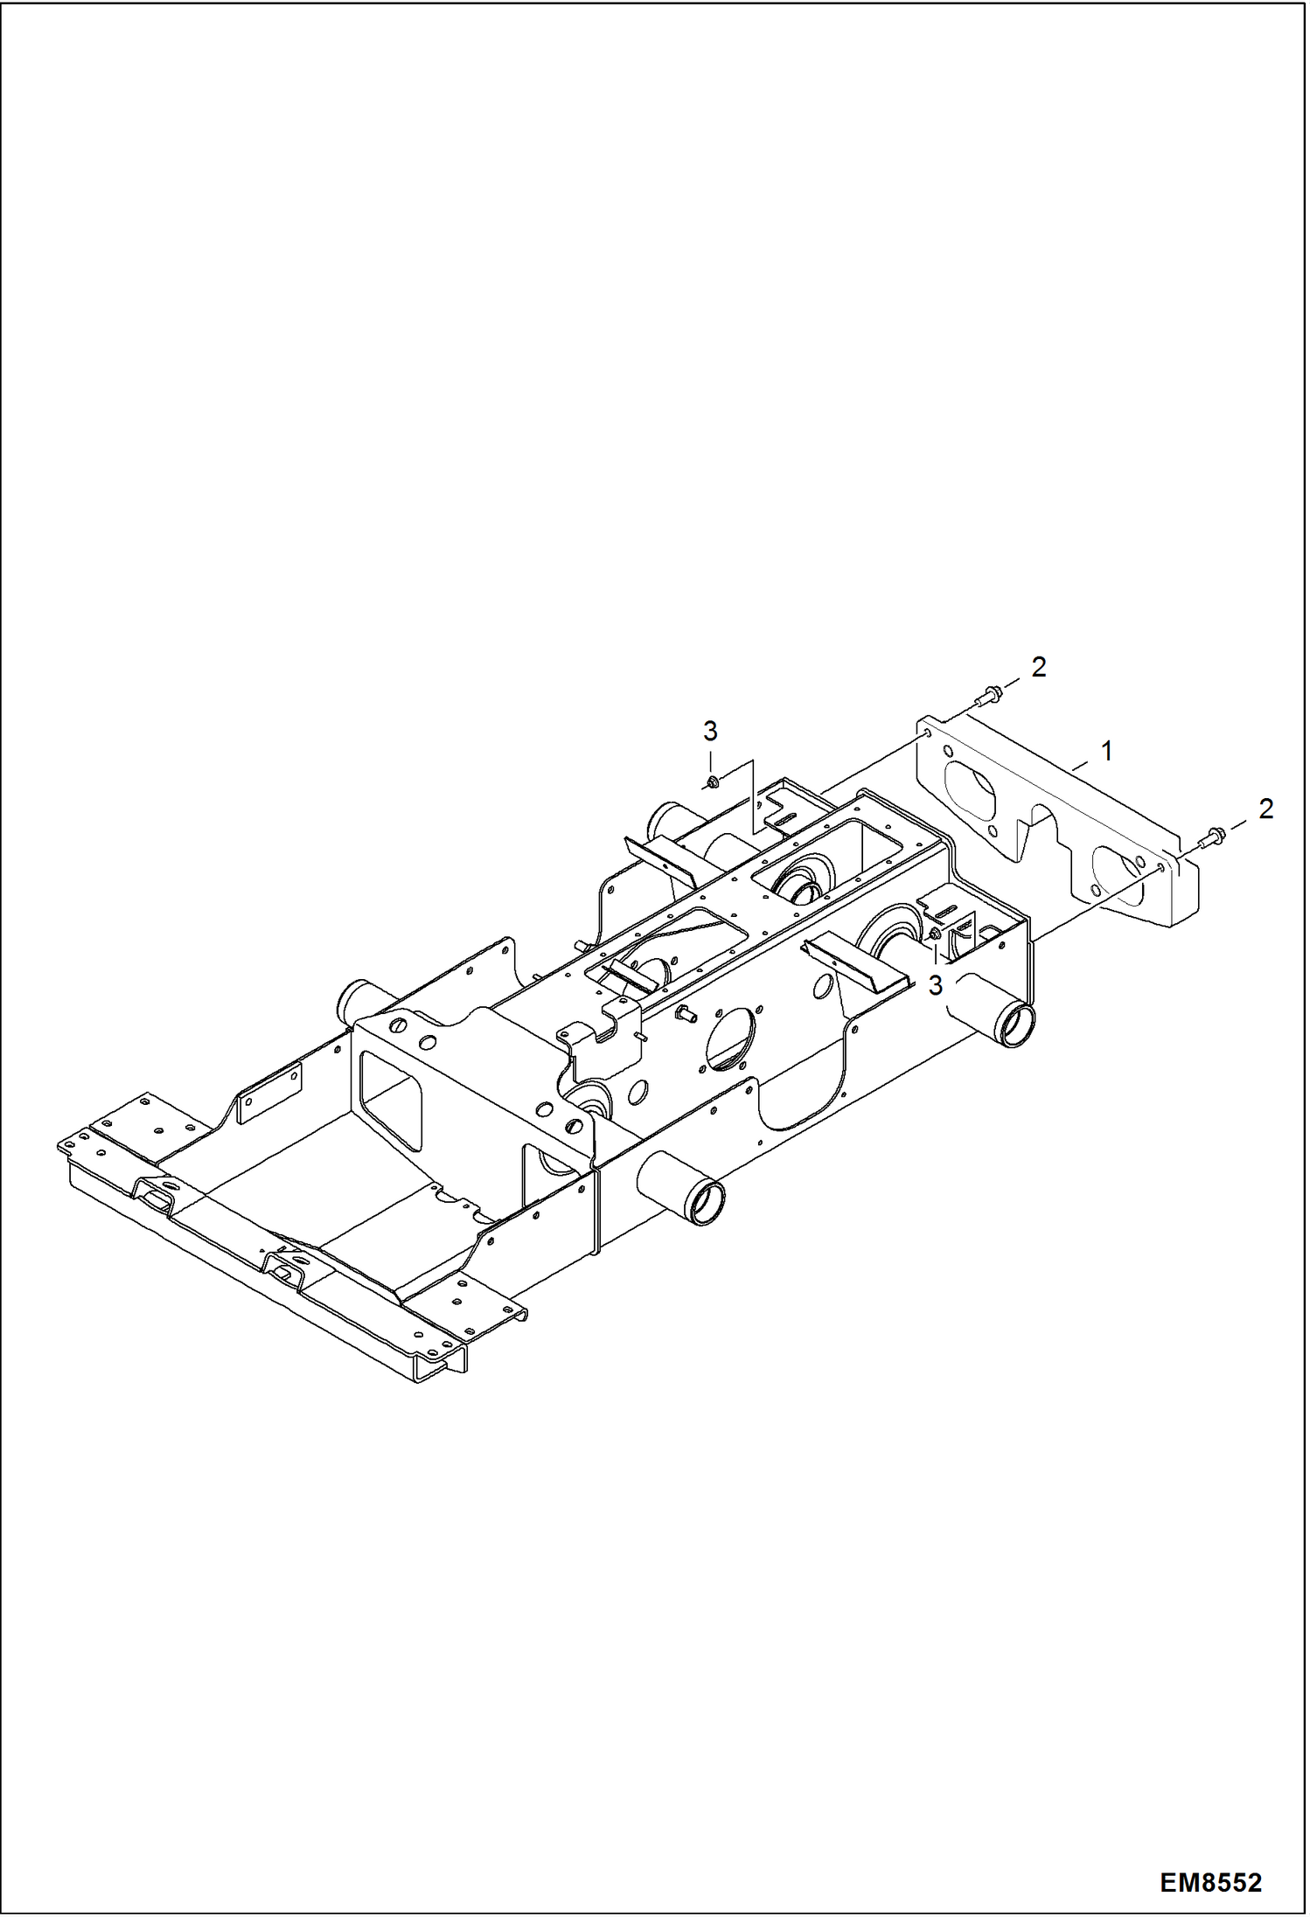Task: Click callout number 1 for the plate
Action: click(x=1107, y=751)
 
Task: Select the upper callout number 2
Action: click(x=1039, y=668)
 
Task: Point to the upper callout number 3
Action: click(x=710, y=731)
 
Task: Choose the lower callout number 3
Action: click(x=936, y=986)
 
